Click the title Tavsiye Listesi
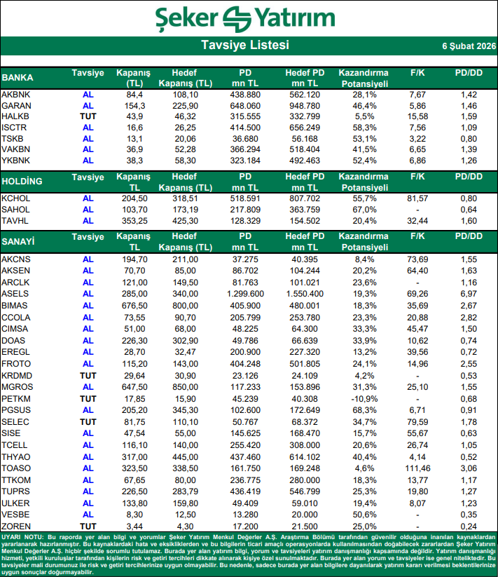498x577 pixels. (244, 46)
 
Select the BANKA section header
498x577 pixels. (18, 77)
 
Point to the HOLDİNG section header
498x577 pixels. (22, 182)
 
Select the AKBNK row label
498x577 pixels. (16, 94)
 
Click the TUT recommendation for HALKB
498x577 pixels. (88, 116)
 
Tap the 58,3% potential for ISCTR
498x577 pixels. (363, 128)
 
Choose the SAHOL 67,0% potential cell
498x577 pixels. (363, 210)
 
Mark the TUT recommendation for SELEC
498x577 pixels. (88, 421)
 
